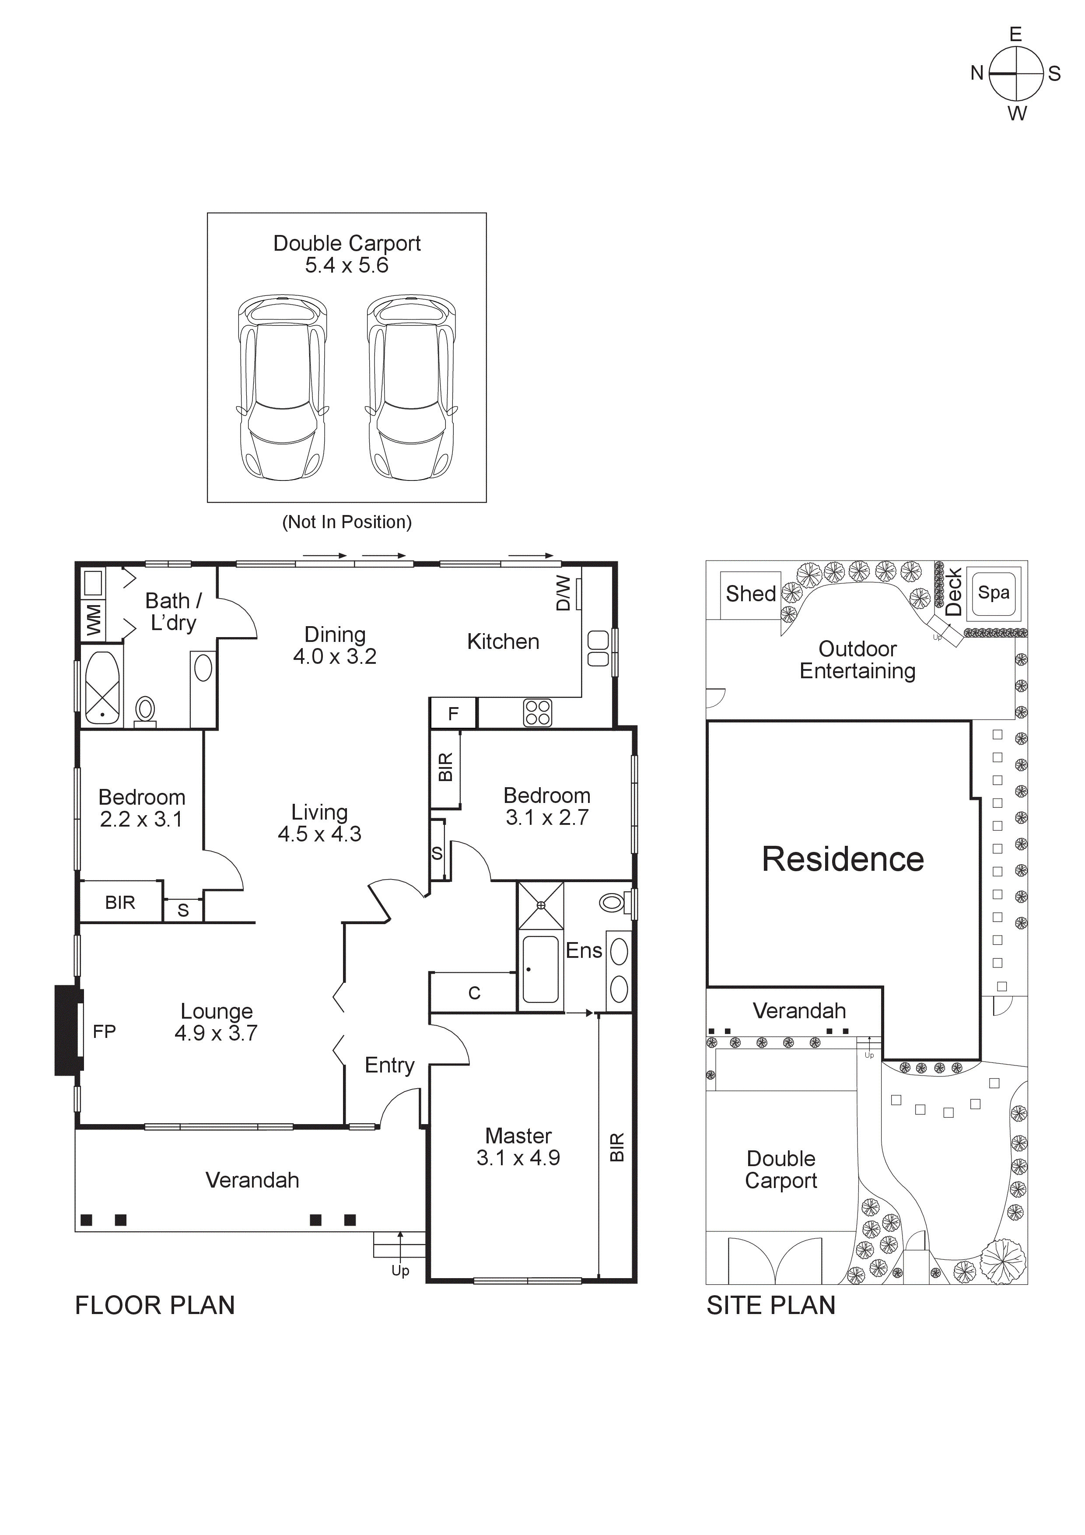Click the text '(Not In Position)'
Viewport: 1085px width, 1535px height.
[x=346, y=522]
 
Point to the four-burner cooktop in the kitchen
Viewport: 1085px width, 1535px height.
[x=538, y=713]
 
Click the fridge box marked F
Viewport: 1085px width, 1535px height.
[x=453, y=714]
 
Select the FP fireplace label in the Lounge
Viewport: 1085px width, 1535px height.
[x=104, y=1032]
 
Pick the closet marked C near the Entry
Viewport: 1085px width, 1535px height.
[x=474, y=993]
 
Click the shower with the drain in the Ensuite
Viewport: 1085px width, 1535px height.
[x=541, y=905]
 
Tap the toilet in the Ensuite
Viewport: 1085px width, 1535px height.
[x=612, y=903]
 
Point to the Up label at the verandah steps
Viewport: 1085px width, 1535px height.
[x=400, y=1271]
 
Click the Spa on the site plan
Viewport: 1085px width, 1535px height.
[x=994, y=592]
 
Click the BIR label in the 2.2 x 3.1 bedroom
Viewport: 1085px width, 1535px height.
[x=120, y=903]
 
